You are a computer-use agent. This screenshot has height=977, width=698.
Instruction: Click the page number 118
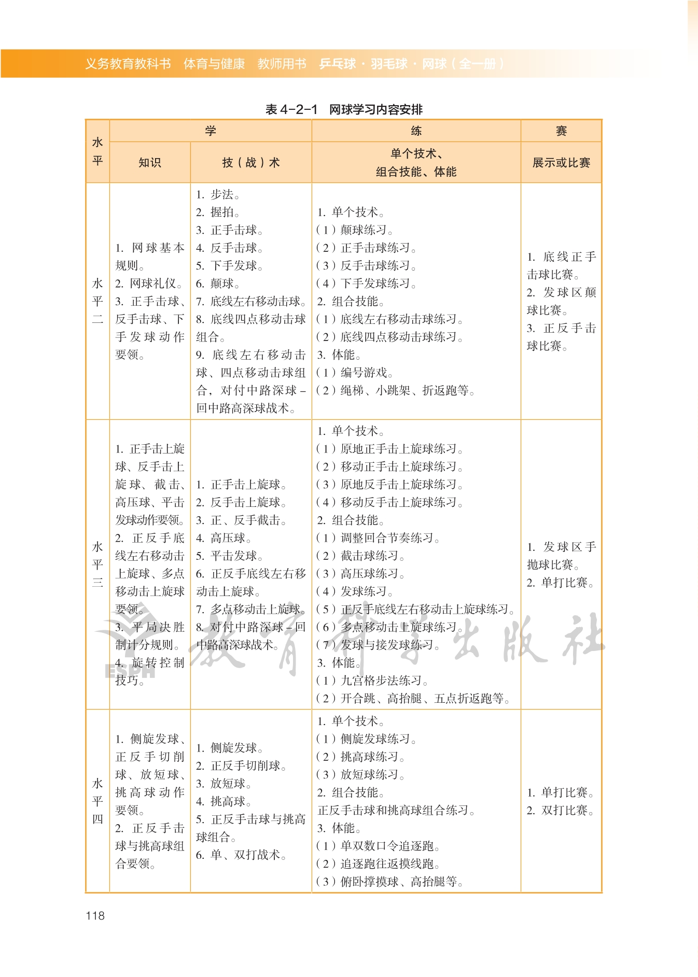95,915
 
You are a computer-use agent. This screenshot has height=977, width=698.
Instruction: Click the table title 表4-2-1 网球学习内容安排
344,109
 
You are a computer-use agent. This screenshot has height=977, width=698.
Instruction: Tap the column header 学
210,131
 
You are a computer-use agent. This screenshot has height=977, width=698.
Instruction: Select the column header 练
416,131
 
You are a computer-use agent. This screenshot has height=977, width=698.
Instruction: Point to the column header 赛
561,131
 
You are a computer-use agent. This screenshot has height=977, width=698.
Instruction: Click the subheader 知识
150,162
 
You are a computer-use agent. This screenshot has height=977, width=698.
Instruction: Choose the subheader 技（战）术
251,162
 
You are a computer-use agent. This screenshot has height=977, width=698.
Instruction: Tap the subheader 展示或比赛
561,162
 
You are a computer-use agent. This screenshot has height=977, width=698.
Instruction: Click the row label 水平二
97,301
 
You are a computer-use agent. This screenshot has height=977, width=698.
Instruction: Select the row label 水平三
97,564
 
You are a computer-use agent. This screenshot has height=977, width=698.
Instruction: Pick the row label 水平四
97,801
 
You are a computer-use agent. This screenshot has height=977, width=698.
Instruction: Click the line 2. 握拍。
218,212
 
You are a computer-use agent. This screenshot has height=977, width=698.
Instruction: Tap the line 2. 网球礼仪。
149,284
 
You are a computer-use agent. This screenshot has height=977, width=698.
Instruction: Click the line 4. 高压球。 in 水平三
224,538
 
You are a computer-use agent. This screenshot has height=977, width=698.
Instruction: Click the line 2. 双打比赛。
561,810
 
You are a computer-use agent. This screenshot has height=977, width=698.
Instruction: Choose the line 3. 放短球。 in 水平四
224,783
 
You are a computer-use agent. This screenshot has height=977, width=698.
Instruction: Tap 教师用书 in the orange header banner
282,64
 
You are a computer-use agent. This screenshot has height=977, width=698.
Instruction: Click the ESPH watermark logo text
130,670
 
